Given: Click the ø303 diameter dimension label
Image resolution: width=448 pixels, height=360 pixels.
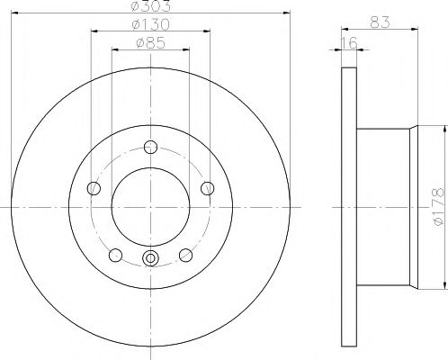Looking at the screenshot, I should click(150, 7).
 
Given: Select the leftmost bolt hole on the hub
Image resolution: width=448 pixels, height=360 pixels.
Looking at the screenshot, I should click(94, 188).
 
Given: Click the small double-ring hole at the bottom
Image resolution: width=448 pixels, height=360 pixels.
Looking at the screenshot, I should click(150, 261).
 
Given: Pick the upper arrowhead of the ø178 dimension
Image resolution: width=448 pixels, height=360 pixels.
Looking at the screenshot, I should click(445, 129).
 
